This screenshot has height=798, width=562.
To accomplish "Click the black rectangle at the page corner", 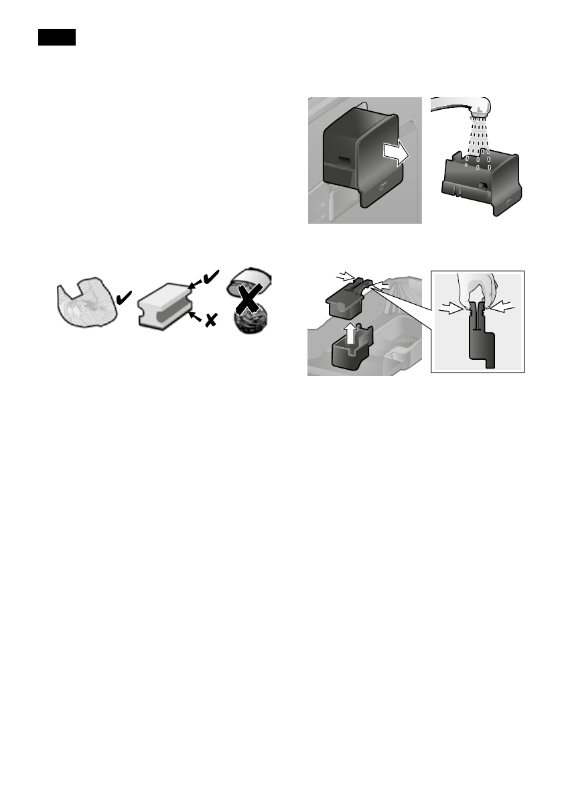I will (56, 38).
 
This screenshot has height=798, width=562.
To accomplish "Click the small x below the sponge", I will (210, 322).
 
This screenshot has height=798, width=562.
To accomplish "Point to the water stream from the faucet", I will (479, 137).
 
